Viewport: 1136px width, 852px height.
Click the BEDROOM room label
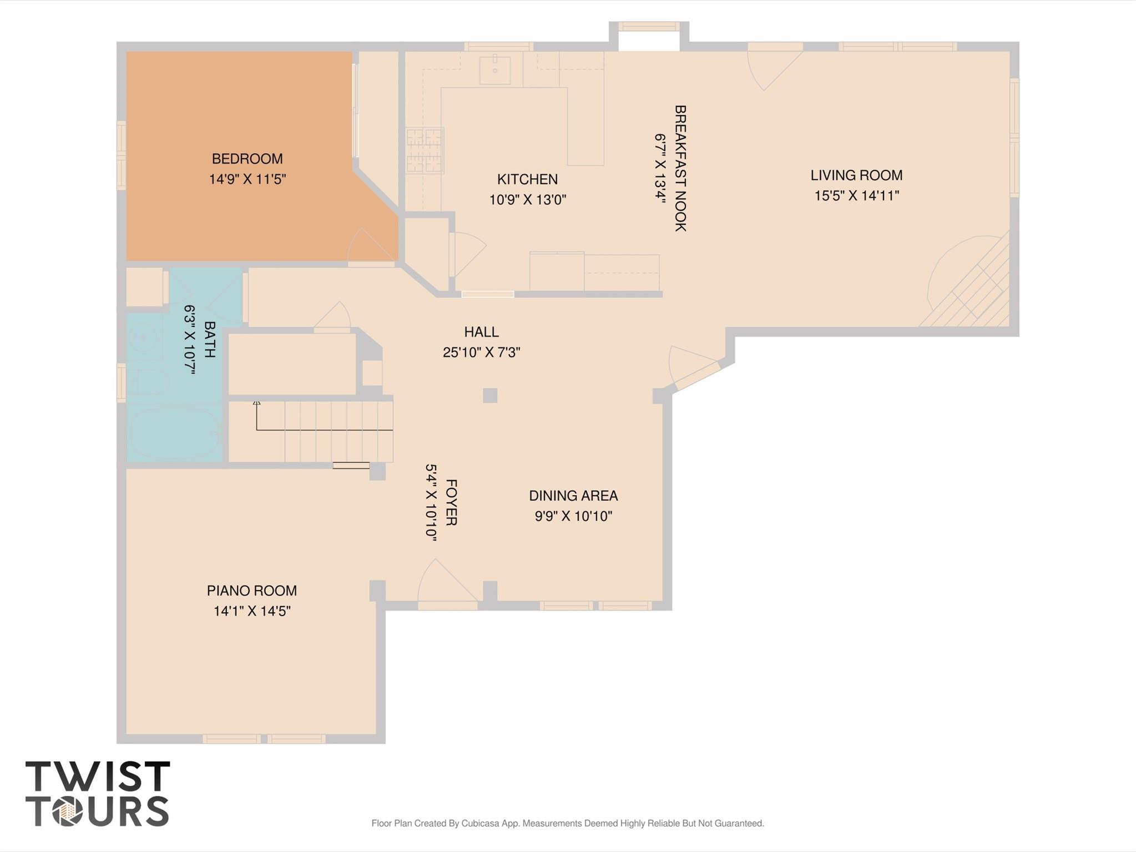point(247,159)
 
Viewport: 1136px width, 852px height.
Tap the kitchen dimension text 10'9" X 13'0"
point(527,200)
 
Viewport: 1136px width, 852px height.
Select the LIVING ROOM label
point(856,175)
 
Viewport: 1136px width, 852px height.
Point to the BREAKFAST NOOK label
point(680,168)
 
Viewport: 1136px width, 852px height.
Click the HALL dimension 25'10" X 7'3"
point(481,352)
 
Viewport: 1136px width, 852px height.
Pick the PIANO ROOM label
point(251,591)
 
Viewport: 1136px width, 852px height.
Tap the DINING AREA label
point(573,496)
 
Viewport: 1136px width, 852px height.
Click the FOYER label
point(451,502)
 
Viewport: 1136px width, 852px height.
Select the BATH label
point(209,339)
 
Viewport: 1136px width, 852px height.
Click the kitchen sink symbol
point(494,70)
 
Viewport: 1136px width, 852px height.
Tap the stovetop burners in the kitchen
point(425,150)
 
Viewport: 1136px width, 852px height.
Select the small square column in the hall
point(489,395)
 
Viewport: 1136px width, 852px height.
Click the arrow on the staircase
point(256,402)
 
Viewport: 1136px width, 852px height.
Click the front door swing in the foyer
point(444,583)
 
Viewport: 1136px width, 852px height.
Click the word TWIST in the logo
point(98,777)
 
